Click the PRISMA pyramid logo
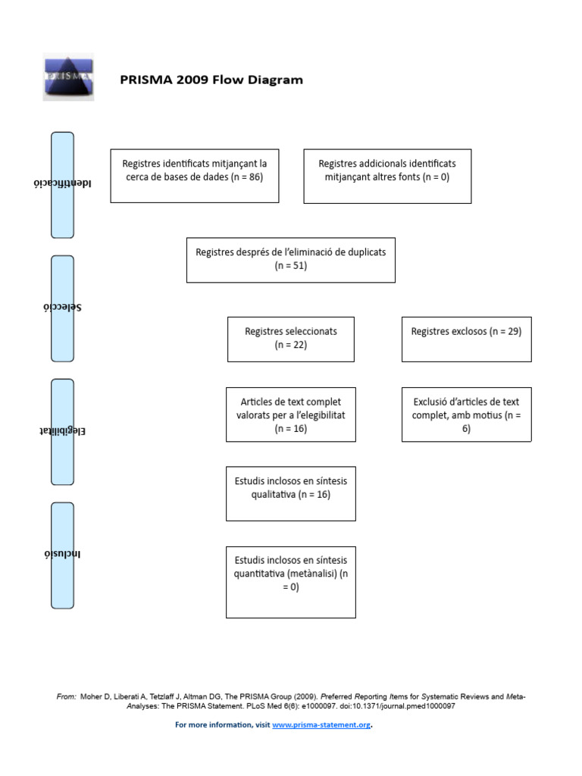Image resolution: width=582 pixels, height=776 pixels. point(68,77)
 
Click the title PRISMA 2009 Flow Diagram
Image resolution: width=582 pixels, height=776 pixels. point(211,80)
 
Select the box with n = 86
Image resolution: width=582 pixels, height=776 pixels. point(195,176)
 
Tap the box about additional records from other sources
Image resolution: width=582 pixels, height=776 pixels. point(387,176)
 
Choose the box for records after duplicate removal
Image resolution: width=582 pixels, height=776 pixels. point(291,261)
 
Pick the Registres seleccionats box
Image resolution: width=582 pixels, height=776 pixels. point(291,339)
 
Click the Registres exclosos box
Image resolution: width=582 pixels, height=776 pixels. point(467,339)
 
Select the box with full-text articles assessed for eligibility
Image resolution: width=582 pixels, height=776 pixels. point(291,415)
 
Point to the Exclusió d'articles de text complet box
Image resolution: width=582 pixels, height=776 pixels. point(467,415)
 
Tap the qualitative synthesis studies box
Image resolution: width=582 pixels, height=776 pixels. point(291,494)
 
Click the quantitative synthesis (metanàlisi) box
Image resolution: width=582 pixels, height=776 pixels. point(291,582)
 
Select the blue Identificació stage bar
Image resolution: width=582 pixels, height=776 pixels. point(62,185)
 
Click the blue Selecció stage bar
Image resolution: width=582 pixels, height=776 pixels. point(62,309)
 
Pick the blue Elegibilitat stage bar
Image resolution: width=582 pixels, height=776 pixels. point(62,432)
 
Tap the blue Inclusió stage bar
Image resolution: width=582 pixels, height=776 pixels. point(62,555)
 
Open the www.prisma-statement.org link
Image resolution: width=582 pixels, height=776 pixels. point(321,725)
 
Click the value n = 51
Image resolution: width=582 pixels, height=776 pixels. point(291,266)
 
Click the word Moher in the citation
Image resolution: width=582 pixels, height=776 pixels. point(92,697)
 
